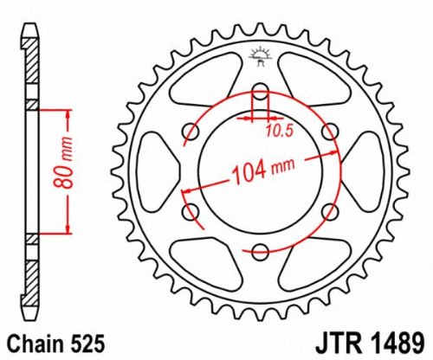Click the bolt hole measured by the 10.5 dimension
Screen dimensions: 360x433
click(x=260, y=93)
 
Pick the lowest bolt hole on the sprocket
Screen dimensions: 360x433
click(x=260, y=252)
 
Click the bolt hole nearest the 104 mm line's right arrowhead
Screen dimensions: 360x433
click(x=329, y=132)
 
